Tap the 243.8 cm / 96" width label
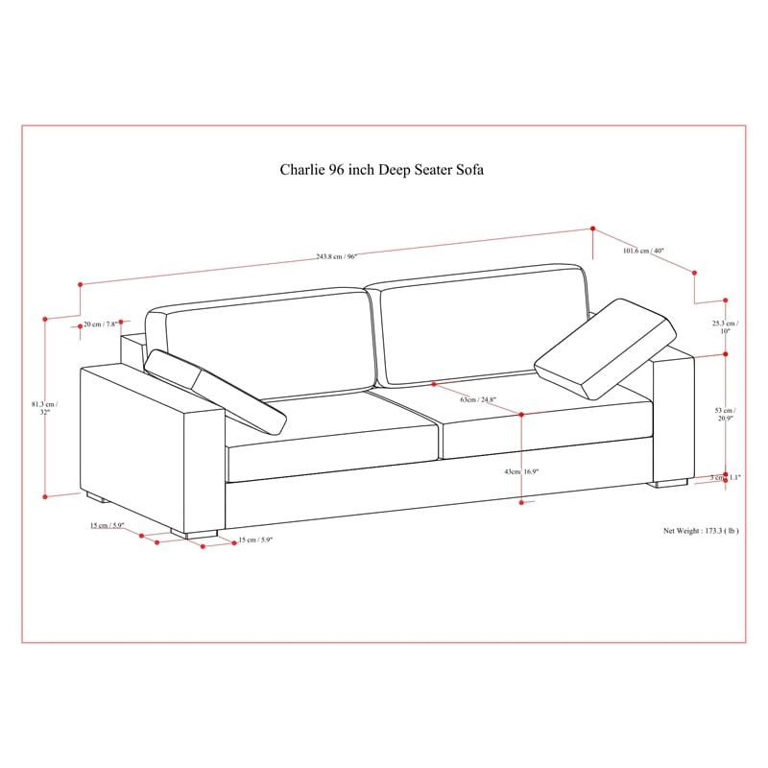[x=337, y=255]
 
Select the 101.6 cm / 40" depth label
[x=643, y=251]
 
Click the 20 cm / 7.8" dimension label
[x=99, y=324]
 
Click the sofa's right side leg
[x=671, y=482]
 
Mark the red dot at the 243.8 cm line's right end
[x=593, y=228]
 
